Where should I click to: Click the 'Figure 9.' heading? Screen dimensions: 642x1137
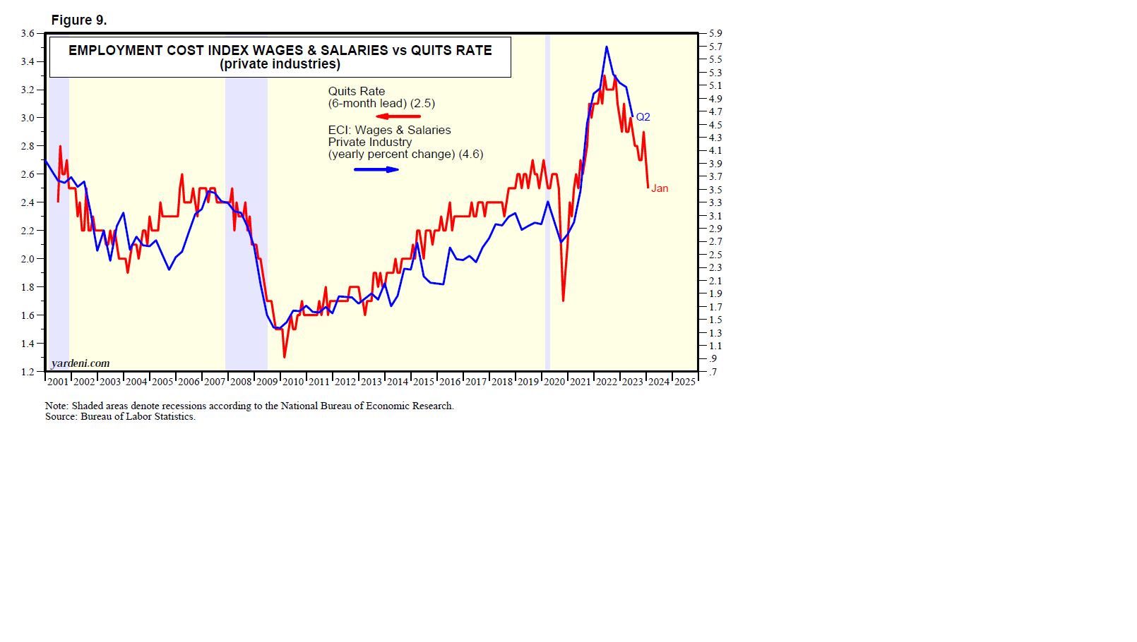(79, 20)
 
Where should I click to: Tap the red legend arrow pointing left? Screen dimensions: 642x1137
(398, 116)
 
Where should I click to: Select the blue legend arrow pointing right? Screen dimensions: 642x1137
(376, 169)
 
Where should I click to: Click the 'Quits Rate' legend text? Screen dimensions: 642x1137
(357, 92)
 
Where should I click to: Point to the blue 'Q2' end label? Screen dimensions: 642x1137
(643, 117)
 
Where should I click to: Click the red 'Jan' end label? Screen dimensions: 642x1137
(660, 188)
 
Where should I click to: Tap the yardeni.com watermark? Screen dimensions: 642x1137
(81, 363)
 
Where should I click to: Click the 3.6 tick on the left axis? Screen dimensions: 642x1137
(28, 33)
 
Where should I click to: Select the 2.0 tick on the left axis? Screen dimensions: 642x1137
(28, 259)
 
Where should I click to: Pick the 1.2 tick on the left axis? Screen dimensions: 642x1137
(28, 372)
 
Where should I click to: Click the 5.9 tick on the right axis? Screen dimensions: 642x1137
(715, 33)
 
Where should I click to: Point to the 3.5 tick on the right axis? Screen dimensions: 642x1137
(715, 190)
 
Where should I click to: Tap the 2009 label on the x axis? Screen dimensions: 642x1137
(267, 382)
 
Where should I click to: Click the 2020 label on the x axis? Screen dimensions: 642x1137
(554, 382)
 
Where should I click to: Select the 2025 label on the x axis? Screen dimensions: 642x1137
(684, 382)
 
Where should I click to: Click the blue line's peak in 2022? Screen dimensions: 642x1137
(607, 47)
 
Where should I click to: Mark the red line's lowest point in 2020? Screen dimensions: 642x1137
(563, 301)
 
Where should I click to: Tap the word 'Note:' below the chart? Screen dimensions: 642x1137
(57, 406)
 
